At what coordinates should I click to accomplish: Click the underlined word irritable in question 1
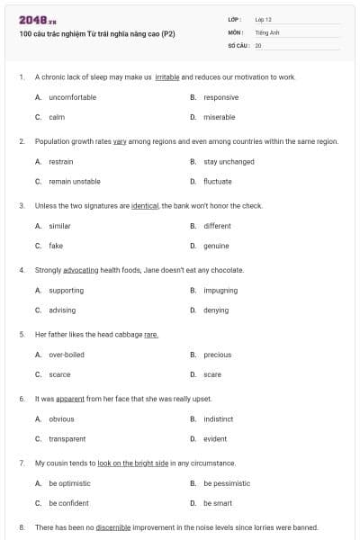point(167,77)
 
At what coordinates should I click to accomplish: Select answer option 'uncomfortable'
point(68,97)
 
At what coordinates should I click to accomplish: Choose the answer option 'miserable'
point(219,117)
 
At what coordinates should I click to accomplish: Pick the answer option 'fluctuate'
point(217,181)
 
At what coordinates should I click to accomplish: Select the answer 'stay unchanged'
point(229,162)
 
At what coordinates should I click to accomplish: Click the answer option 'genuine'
point(216,246)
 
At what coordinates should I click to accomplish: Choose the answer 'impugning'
point(220,291)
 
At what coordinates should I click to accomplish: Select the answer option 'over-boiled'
point(66,355)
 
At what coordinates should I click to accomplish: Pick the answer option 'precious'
point(217,355)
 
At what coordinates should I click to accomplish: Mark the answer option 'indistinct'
point(219,419)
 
